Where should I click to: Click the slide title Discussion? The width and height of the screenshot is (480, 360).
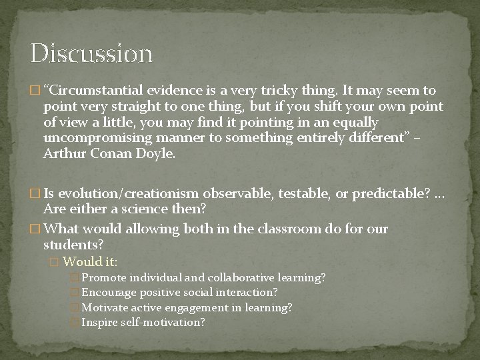click(x=91, y=53)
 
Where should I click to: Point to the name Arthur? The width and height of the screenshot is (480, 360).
click(x=64, y=155)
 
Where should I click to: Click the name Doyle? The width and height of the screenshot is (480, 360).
click(x=158, y=155)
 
